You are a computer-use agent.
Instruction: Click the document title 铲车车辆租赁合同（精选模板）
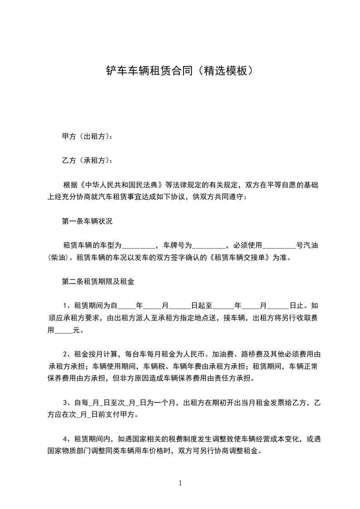click(179, 71)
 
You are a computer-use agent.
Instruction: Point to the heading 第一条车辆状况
click(87, 222)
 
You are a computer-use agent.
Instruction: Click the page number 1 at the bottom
click(180, 483)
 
